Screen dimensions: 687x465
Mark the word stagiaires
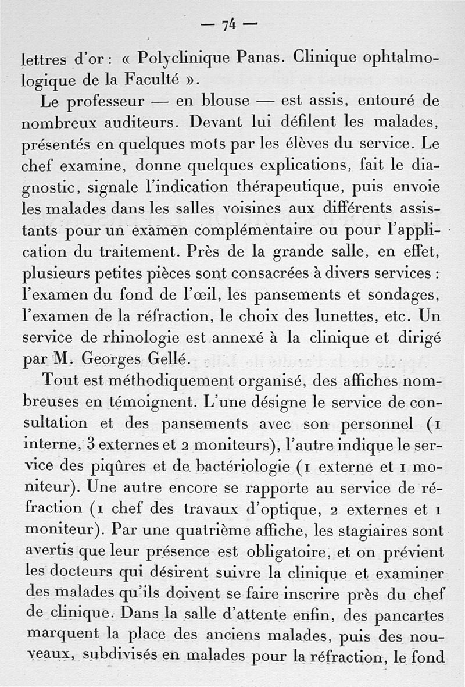pos(379,531)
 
